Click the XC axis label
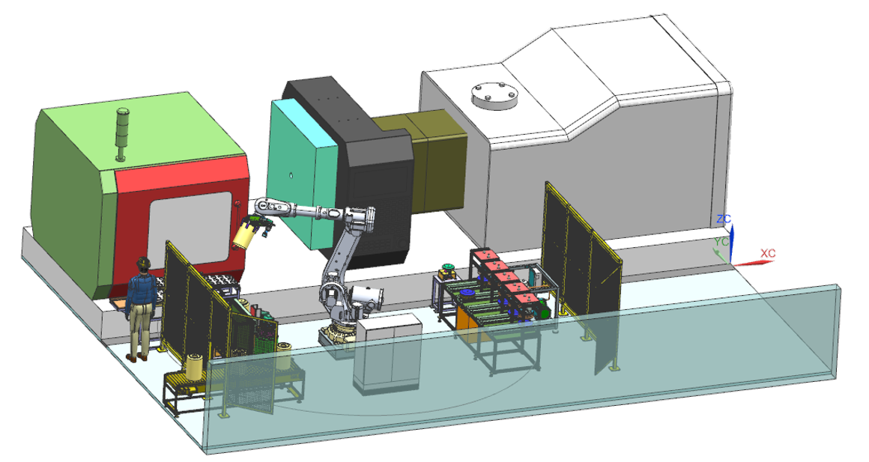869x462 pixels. [x=768, y=253]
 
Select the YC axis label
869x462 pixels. [x=721, y=242]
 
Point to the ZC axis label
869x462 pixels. [x=724, y=219]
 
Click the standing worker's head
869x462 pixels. [x=144, y=265]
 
